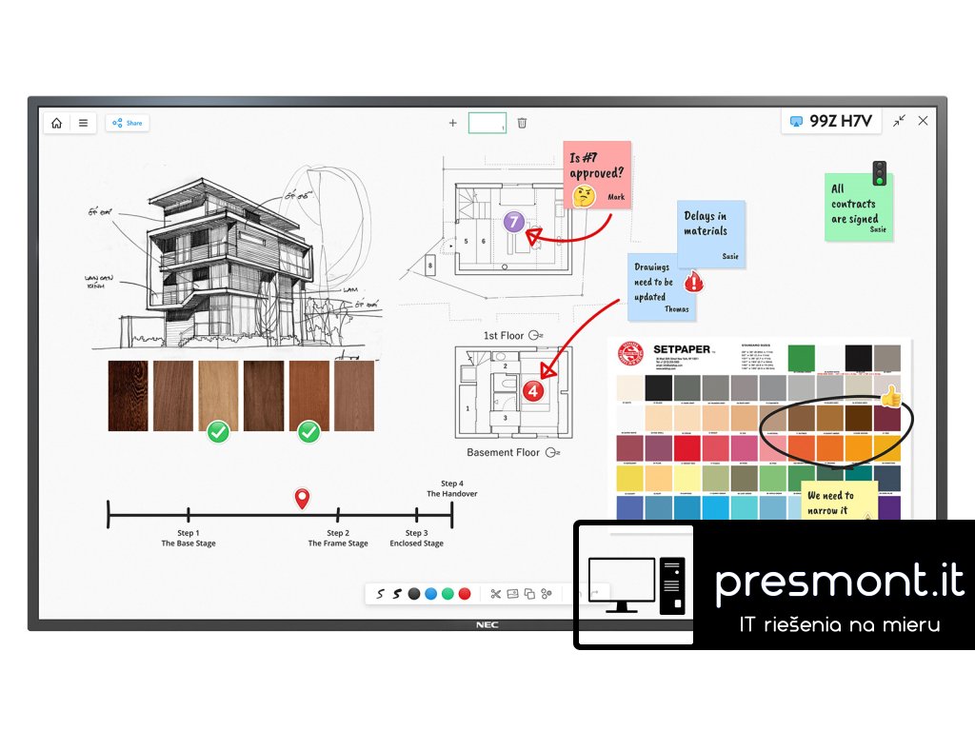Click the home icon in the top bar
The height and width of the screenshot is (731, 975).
point(57,123)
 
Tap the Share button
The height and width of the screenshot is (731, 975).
point(128,123)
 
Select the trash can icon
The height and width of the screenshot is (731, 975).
point(522,123)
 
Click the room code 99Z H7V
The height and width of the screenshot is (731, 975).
point(834,121)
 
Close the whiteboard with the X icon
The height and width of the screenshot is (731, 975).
point(923,121)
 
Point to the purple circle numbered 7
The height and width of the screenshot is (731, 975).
point(514,223)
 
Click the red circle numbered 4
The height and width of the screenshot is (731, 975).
point(533,390)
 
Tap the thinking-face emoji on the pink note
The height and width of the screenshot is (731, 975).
point(584,196)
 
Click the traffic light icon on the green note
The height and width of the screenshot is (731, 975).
point(880,173)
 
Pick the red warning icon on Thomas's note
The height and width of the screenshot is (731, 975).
point(694,281)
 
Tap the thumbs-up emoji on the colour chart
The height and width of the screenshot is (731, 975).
point(890,396)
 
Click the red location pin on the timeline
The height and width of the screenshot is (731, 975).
point(302,498)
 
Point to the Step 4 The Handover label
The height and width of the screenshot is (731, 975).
point(452,488)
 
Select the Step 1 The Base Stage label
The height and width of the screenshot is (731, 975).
point(189,538)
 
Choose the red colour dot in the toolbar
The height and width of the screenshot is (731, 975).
point(465,594)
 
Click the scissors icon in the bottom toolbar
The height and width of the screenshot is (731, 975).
point(495,594)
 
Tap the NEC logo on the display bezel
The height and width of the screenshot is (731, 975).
point(487,625)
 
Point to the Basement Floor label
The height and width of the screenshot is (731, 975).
point(503,453)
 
